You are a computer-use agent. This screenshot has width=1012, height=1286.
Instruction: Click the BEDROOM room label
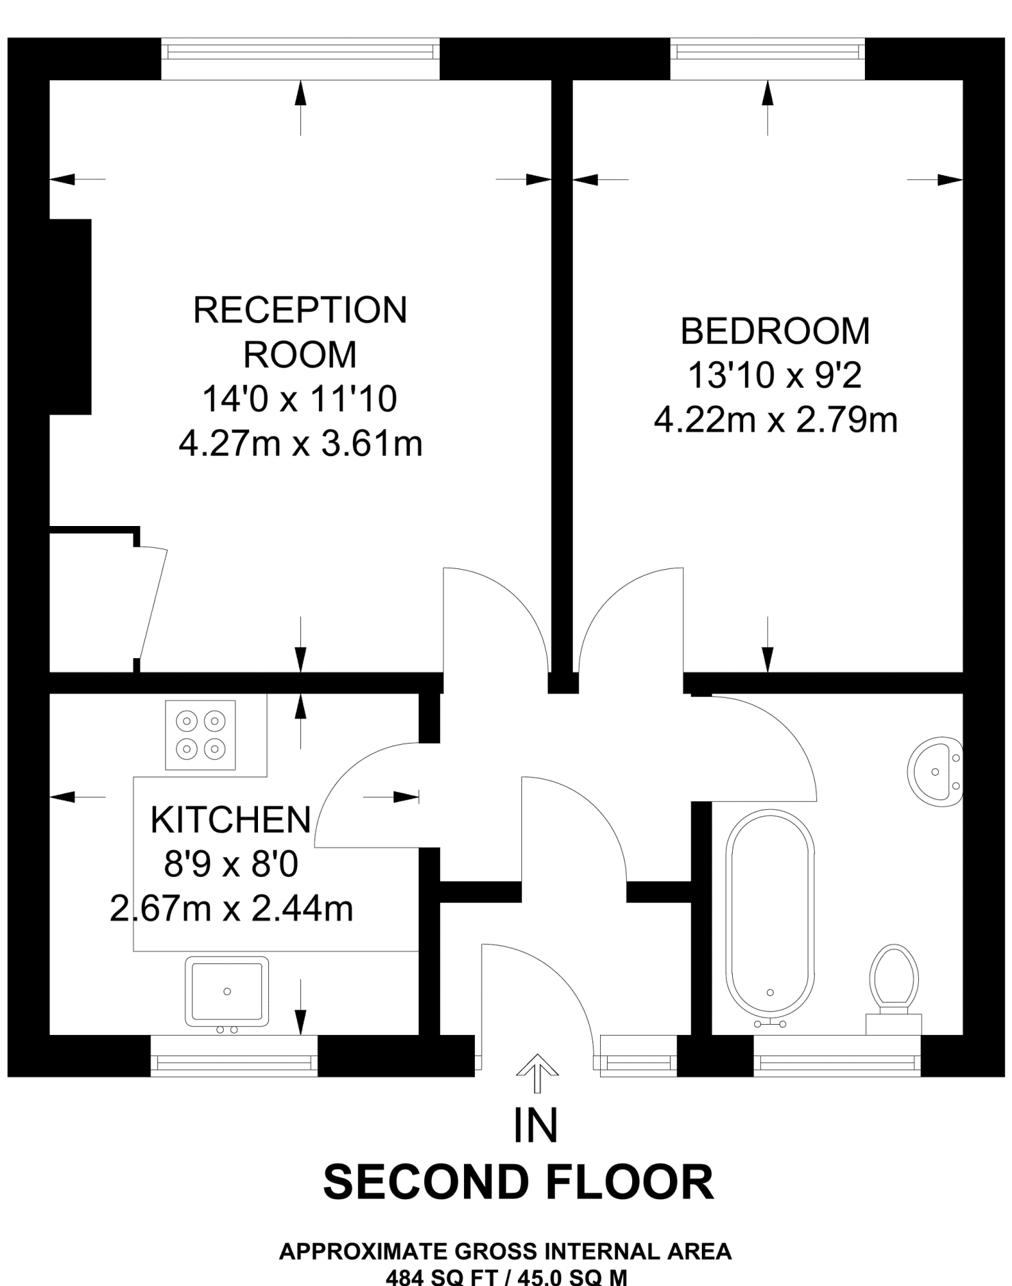coord(775,331)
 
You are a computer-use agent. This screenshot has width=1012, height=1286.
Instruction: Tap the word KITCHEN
coord(231,819)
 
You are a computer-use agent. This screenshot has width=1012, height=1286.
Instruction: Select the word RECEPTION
coord(300,310)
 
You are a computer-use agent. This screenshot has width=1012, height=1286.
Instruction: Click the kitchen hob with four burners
coord(200,735)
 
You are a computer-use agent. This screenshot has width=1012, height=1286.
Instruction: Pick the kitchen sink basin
coord(227,991)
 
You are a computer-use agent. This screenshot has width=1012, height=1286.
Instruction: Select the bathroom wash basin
coord(935,771)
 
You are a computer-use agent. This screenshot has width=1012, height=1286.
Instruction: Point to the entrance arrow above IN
coord(536,1073)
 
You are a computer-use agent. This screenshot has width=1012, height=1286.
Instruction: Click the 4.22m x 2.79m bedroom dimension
coord(775,420)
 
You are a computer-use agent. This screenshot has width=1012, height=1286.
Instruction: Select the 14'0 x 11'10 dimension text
coord(300,399)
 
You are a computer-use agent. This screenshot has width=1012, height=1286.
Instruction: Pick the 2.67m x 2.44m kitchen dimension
coord(231,909)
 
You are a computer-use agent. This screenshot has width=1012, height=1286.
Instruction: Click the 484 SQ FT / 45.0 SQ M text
coord(506,1276)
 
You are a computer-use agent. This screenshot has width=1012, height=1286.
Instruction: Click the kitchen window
coord(234,1056)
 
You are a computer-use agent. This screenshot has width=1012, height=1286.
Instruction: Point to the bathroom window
coord(838,1056)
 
